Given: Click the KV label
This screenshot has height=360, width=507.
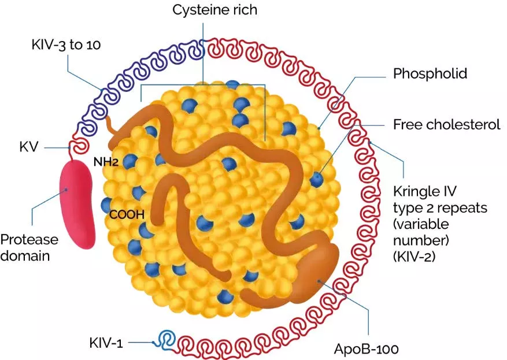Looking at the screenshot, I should [x=27, y=147].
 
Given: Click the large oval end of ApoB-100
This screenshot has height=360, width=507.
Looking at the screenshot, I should [x=317, y=273].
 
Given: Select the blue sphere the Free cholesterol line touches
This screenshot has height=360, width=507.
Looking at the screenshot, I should [x=316, y=179].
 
